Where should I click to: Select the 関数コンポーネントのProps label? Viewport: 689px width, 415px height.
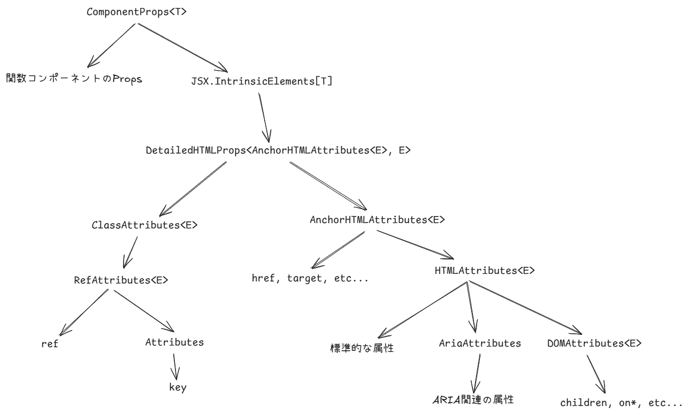click(x=74, y=79)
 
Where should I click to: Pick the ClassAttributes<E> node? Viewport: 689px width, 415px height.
click(x=144, y=226)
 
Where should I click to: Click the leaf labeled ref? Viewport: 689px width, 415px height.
click(x=49, y=344)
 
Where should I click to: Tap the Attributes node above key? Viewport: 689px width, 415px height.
click(x=174, y=343)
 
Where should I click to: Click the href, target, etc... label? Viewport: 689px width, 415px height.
click(x=310, y=278)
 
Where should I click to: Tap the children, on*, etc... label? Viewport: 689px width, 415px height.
click(x=622, y=402)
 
